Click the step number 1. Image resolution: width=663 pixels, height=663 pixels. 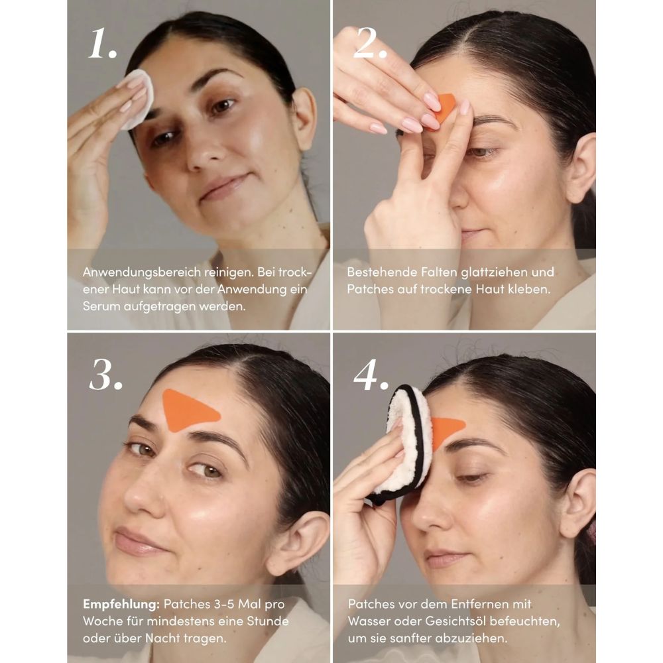tap(103, 44)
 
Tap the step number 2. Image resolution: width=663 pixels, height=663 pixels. tap(371, 44)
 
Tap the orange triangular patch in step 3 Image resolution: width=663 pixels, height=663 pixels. tap(188, 409)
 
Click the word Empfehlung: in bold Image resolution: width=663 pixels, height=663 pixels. tap(121, 604)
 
